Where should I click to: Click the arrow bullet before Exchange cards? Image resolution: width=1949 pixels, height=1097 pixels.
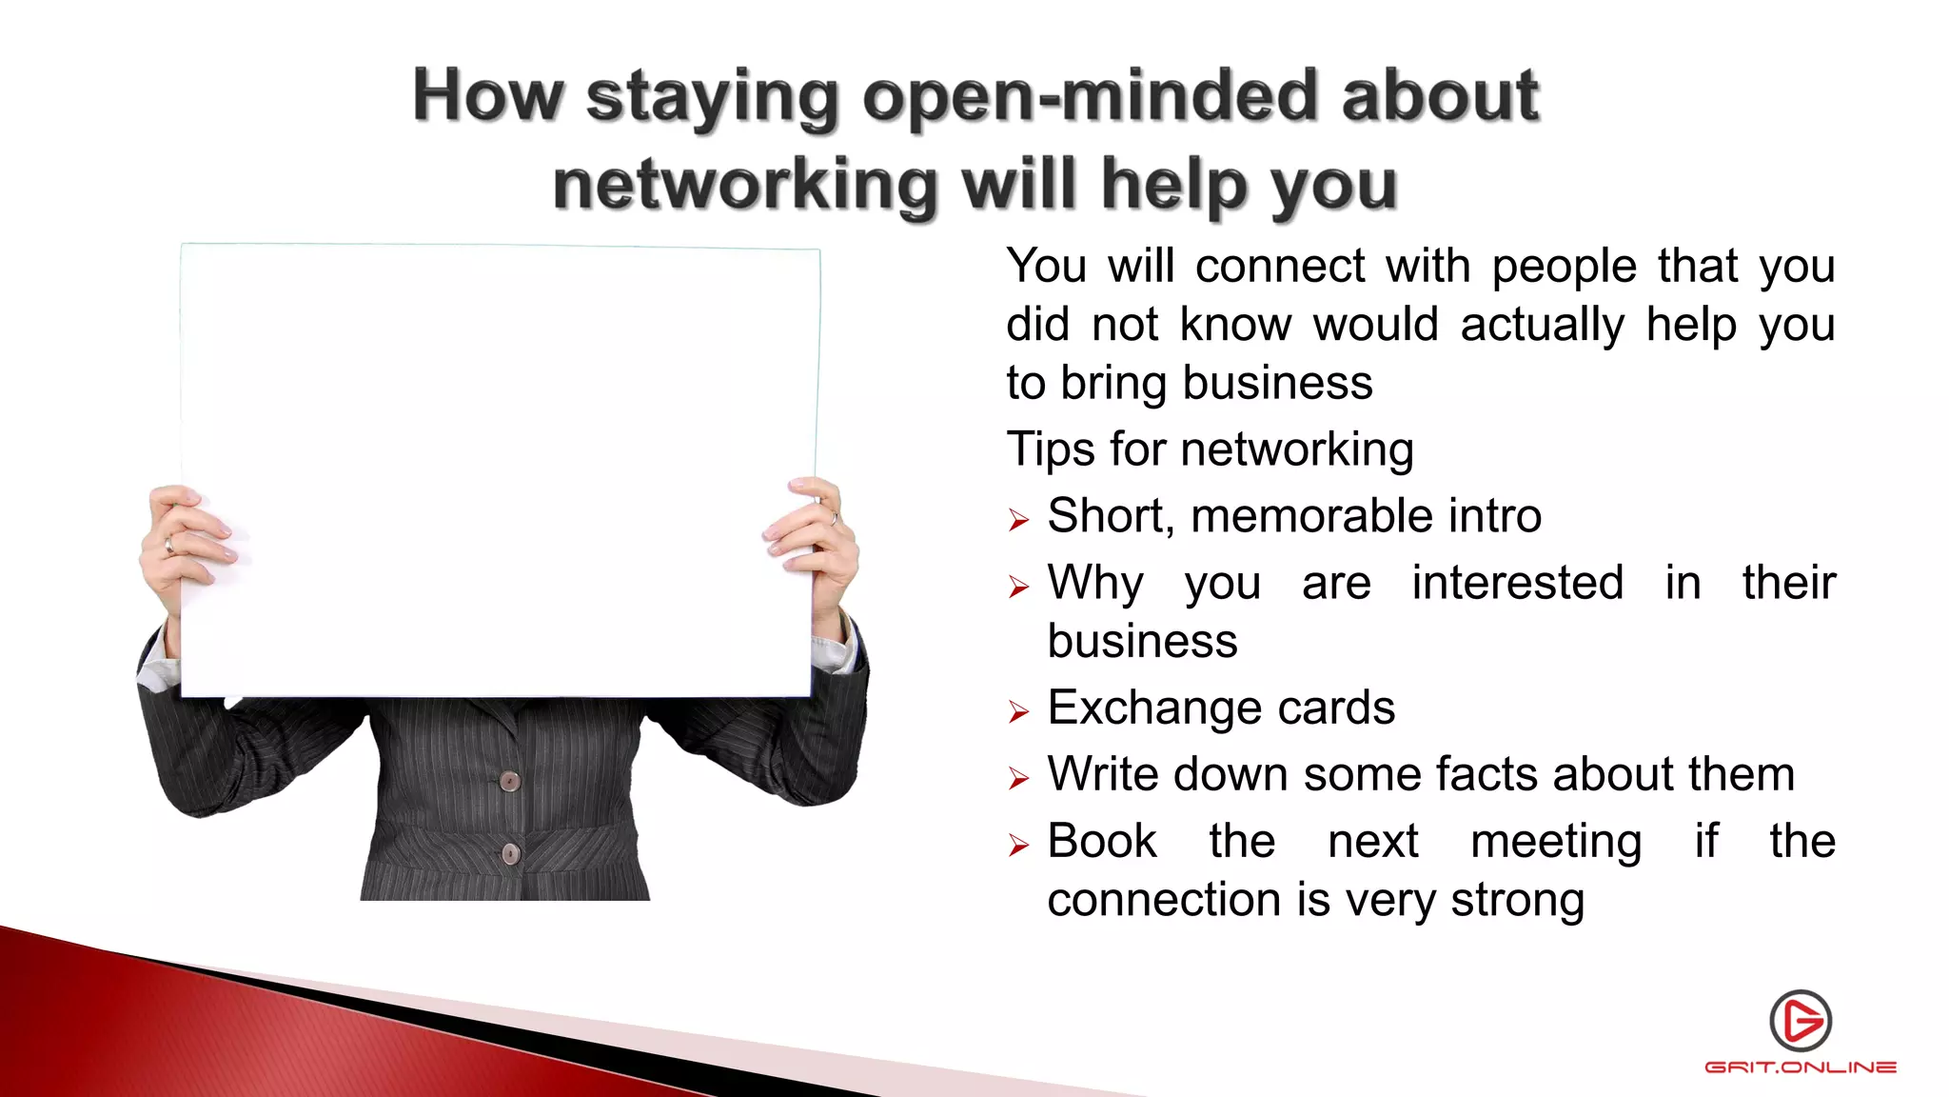click(x=1019, y=712)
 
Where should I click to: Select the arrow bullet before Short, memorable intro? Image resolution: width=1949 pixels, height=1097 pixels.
click(x=1019, y=520)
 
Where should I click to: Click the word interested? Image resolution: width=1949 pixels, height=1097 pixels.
click(x=1517, y=583)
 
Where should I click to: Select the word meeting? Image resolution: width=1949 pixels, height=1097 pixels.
click(x=1556, y=843)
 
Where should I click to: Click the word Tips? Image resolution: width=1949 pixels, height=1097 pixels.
click(x=1051, y=449)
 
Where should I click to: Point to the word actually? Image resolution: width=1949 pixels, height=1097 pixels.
click(x=1542, y=325)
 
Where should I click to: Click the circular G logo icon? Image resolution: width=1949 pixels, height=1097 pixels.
click(x=1801, y=1021)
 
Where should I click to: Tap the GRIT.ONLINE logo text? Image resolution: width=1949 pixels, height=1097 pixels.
click(x=1801, y=1067)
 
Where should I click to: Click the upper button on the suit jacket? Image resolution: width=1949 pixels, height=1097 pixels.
click(x=510, y=782)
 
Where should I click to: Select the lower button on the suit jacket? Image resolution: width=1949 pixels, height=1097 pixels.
click(x=510, y=853)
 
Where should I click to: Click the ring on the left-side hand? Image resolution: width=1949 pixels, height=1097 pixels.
click(x=169, y=546)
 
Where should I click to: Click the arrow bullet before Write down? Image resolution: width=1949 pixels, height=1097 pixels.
click(x=1019, y=779)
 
